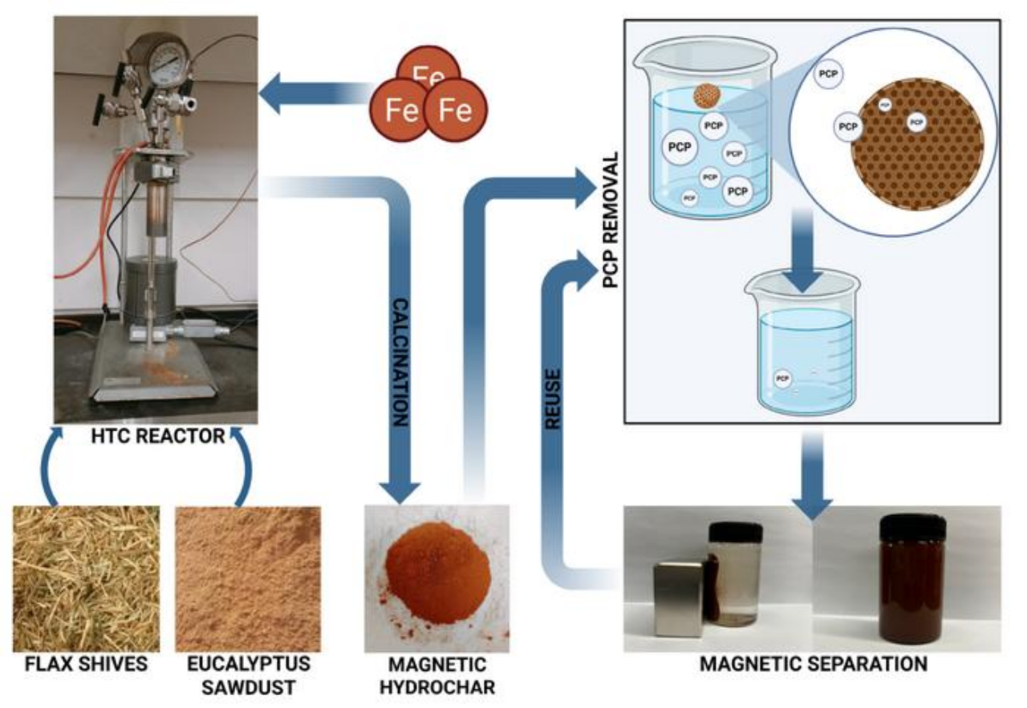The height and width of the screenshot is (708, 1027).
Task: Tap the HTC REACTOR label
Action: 158,436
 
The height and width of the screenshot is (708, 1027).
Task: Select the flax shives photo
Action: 86,578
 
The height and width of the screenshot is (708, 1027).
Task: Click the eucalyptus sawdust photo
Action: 248,578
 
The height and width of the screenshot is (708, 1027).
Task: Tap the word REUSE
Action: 553,399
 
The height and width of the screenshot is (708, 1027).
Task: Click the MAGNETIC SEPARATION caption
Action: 813,664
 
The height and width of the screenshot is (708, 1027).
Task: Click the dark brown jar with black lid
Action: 912,578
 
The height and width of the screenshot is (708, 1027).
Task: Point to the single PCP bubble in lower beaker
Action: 782,378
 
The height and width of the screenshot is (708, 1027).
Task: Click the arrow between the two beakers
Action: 803,250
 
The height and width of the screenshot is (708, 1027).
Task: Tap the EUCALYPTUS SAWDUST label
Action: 248,675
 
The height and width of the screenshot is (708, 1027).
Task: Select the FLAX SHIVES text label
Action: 86,664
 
